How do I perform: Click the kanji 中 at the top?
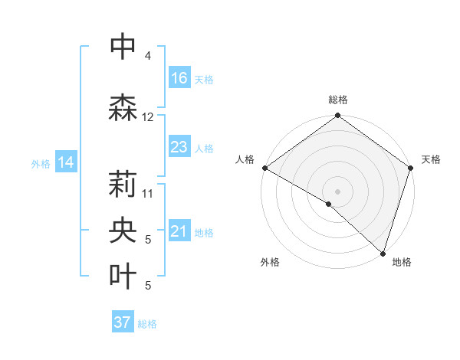click(123, 46)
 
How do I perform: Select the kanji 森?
click(123, 107)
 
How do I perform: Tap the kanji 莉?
click(123, 185)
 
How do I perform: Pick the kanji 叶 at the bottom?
click(123, 277)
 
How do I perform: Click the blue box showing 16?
click(179, 78)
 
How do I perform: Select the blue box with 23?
click(179, 147)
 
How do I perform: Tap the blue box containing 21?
click(179, 231)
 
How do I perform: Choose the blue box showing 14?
click(66, 162)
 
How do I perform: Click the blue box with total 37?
click(123, 322)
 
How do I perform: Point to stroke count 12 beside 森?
click(148, 117)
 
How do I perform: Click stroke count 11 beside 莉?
click(148, 193)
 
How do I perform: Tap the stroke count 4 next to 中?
click(148, 56)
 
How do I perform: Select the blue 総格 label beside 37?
click(147, 324)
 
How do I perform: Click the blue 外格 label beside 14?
click(41, 164)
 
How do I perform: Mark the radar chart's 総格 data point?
click(337, 116)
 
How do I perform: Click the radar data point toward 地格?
click(383, 253)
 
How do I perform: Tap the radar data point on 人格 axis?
click(265, 168)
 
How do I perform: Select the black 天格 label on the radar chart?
click(431, 159)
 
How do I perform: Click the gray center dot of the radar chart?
click(337, 191)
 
